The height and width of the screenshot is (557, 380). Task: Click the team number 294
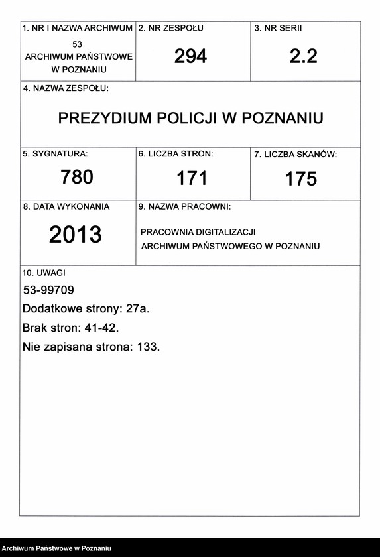[x=190, y=56]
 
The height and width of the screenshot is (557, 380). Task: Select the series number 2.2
[x=303, y=56]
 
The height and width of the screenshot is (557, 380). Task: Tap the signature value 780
[x=77, y=177]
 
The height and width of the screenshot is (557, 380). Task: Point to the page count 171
[x=192, y=178]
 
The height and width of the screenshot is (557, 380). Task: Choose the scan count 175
[x=301, y=179]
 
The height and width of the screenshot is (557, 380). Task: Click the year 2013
[x=76, y=235]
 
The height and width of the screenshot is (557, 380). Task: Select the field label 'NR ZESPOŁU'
[x=175, y=29]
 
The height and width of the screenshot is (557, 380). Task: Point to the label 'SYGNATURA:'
[x=60, y=154]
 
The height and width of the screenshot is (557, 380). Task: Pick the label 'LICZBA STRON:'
[x=180, y=154]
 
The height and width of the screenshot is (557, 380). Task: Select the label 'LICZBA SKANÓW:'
[x=300, y=155]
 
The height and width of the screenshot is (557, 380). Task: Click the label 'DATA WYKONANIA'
[x=70, y=207]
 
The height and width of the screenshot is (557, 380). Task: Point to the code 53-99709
[x=48, y=290]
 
